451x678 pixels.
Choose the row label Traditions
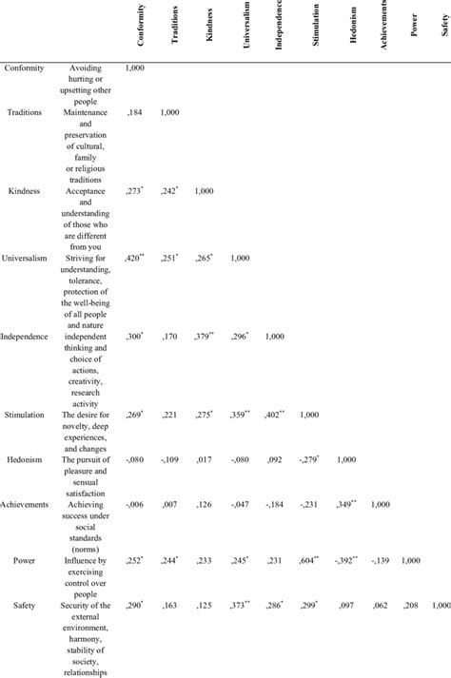(x=30, y=112)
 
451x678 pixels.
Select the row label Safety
(x=31, y=605)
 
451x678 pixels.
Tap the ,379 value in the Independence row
(x=203, y=337)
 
